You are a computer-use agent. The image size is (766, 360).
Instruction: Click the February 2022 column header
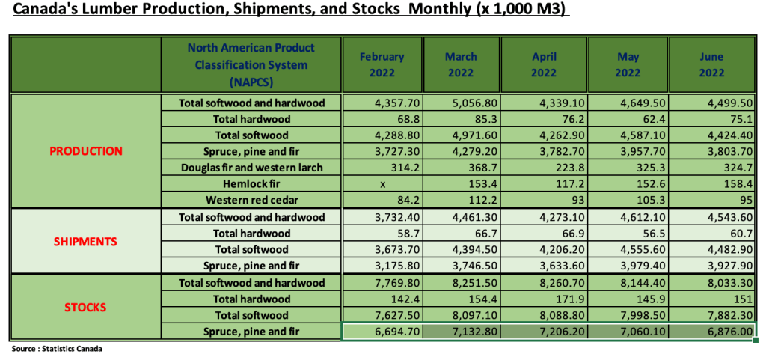click(x=382, y=64)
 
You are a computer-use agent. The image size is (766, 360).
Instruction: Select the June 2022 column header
click(x=711, y=64)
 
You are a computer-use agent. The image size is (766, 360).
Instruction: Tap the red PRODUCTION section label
click(x=86, y=151)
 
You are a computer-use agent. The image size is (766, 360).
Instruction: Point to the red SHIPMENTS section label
click(x=86, y=242)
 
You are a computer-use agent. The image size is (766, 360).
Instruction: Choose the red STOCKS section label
click(x=86, y=307)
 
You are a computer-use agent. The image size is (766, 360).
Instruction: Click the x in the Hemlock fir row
click(x=382, y=184)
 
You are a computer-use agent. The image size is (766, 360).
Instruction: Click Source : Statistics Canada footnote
click(x=57, y=350)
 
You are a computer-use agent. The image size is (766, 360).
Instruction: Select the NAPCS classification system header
click(x=251, y=64)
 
